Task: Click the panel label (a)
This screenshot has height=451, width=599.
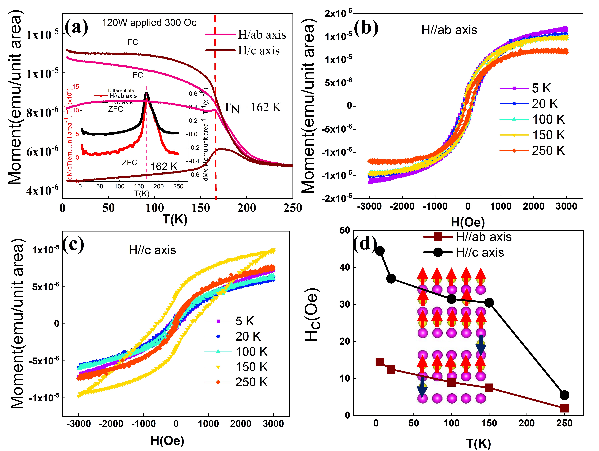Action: click(x=77, y=27)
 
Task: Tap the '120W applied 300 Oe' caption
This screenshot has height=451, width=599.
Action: click(x=149, y=22)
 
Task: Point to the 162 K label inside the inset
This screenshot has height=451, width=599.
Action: click(x=164, y=166)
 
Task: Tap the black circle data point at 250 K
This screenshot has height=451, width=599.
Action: click(x=564, y=395)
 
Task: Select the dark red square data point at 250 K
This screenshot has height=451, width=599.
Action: click(x=564, y=408)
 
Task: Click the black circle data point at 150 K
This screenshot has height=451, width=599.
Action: click(x=489, y=303)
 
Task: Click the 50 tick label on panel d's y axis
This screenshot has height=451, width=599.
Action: click(x=345, y=231)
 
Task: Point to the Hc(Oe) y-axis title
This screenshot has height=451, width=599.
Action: click(x=312, y=315)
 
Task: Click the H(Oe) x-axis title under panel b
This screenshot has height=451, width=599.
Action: click(x=468, y=222)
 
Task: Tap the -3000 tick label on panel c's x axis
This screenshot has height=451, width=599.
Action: click(x=79, y=424)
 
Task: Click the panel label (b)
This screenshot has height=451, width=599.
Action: click(x=366, y=28)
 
